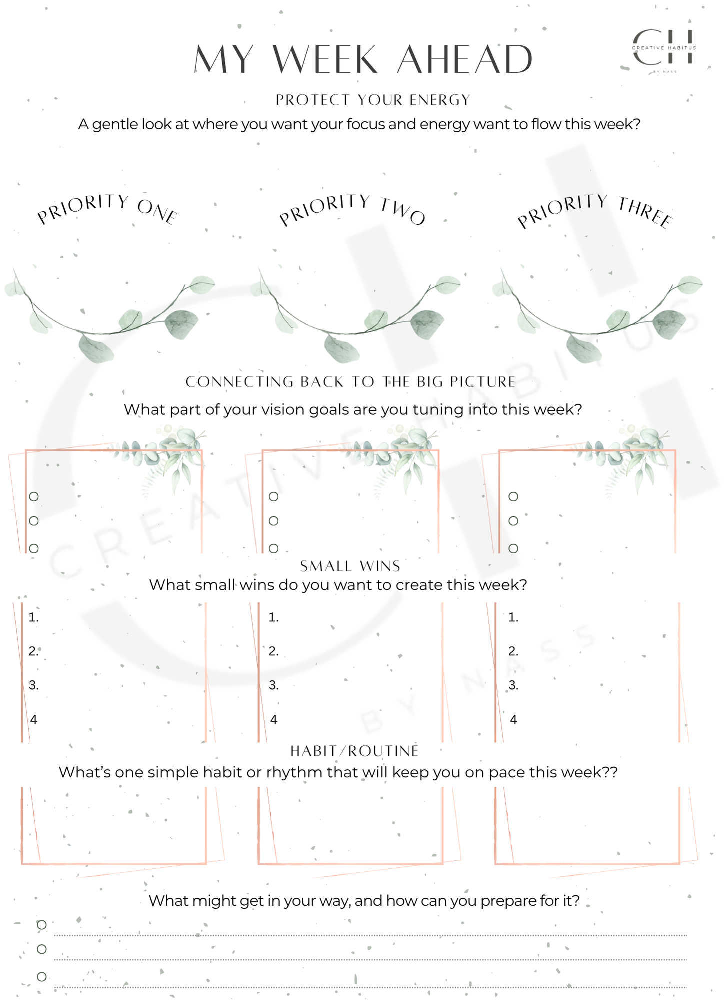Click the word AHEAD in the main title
point(465,60)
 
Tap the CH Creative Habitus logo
point(664,48)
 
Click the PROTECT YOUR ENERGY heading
point(373,100)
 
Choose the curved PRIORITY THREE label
point(595,210)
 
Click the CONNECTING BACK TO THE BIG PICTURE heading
point(350,382)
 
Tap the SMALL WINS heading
point(350,566)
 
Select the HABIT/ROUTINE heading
point(354,751)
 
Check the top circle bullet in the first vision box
point(34,496)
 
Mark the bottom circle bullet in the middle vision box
point(273,548)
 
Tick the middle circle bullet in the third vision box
point(513,521)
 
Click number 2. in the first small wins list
point(34,651)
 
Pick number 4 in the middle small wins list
point(274,720)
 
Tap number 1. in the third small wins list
point(513,618)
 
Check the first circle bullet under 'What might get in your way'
point(42,925)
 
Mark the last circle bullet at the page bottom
point(42,976)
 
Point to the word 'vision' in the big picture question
point(285,410)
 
